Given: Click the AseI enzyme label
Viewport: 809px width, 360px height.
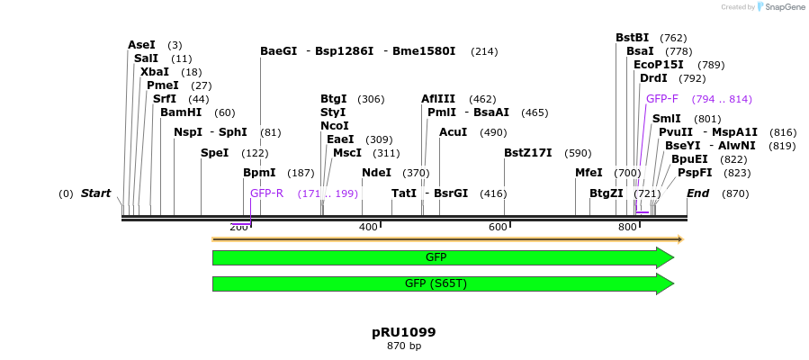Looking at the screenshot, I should pyautogui.click(x=141, y=45).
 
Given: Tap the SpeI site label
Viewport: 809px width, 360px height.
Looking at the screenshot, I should pyautogui.click(x=214, y=153).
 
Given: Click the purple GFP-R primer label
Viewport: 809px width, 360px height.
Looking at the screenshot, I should pyautogui.click(x=266, y=193).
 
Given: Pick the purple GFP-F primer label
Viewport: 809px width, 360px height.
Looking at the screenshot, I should pyautogui.click(x=662, y=99).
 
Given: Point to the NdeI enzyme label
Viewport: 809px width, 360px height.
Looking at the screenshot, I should pyautogui.click(x=376, y=173).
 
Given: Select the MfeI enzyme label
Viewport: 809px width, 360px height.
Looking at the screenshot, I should pyautogui.click(x=589, y=173).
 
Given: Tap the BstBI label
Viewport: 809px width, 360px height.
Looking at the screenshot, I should pyautogui.click(x=632, y=38).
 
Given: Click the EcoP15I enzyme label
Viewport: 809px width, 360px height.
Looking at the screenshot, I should pyautogui.click(x=658, y=65).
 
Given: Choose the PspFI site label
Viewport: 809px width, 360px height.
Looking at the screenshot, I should pyautogui.click(x=695, y=173).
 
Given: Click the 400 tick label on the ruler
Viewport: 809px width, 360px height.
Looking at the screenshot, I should pyautogui.click(x=368, y=227).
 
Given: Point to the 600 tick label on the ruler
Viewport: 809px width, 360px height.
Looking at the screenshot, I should pyautogui.click(x=498, y=227).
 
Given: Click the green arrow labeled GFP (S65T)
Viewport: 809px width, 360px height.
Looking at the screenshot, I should pyautogui.click(x=436, y=284).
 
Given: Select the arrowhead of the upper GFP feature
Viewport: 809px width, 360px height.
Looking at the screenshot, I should pyautogui.click(x=665, y=257).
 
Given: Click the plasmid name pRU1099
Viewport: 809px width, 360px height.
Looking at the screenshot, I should pyautogui.click(x=404, y=332).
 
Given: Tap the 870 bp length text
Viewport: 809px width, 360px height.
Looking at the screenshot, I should pyautogui.click(x=404, y=346).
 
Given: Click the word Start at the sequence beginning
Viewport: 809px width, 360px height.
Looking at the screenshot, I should pyautogui.click(x=95, y=193).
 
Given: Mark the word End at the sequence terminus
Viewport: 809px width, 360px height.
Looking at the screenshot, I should pyautogui.click(x=697, y=193).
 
